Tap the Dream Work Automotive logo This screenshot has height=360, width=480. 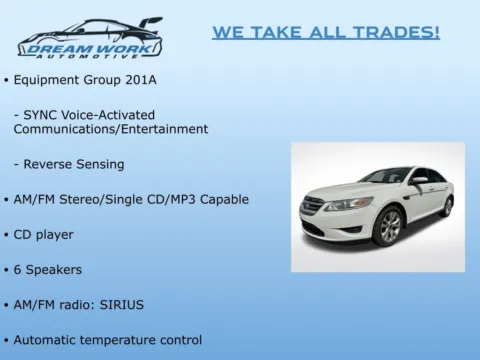[89, 38]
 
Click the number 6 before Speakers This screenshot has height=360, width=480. [18, 269]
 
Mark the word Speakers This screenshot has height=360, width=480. [54, 269]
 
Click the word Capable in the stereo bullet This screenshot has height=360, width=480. [222, 199]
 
